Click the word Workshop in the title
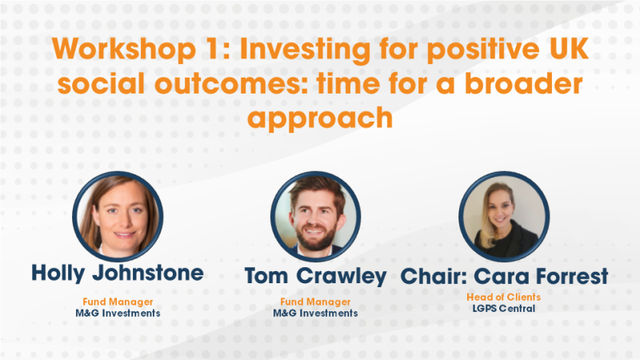[x=123, y=50]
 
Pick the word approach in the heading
[x=320, y=118]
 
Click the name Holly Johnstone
[x=118, y=273]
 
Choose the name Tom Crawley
[x=315, y=277]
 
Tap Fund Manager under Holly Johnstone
[x=118, y=302]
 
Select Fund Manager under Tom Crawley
[x=315, y=302]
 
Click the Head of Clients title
[x=504, y=297]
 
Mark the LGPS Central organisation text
[x=504, y=309]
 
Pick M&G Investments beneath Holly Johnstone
[x=118, y=313]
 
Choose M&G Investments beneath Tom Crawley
[x=315, y=314]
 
